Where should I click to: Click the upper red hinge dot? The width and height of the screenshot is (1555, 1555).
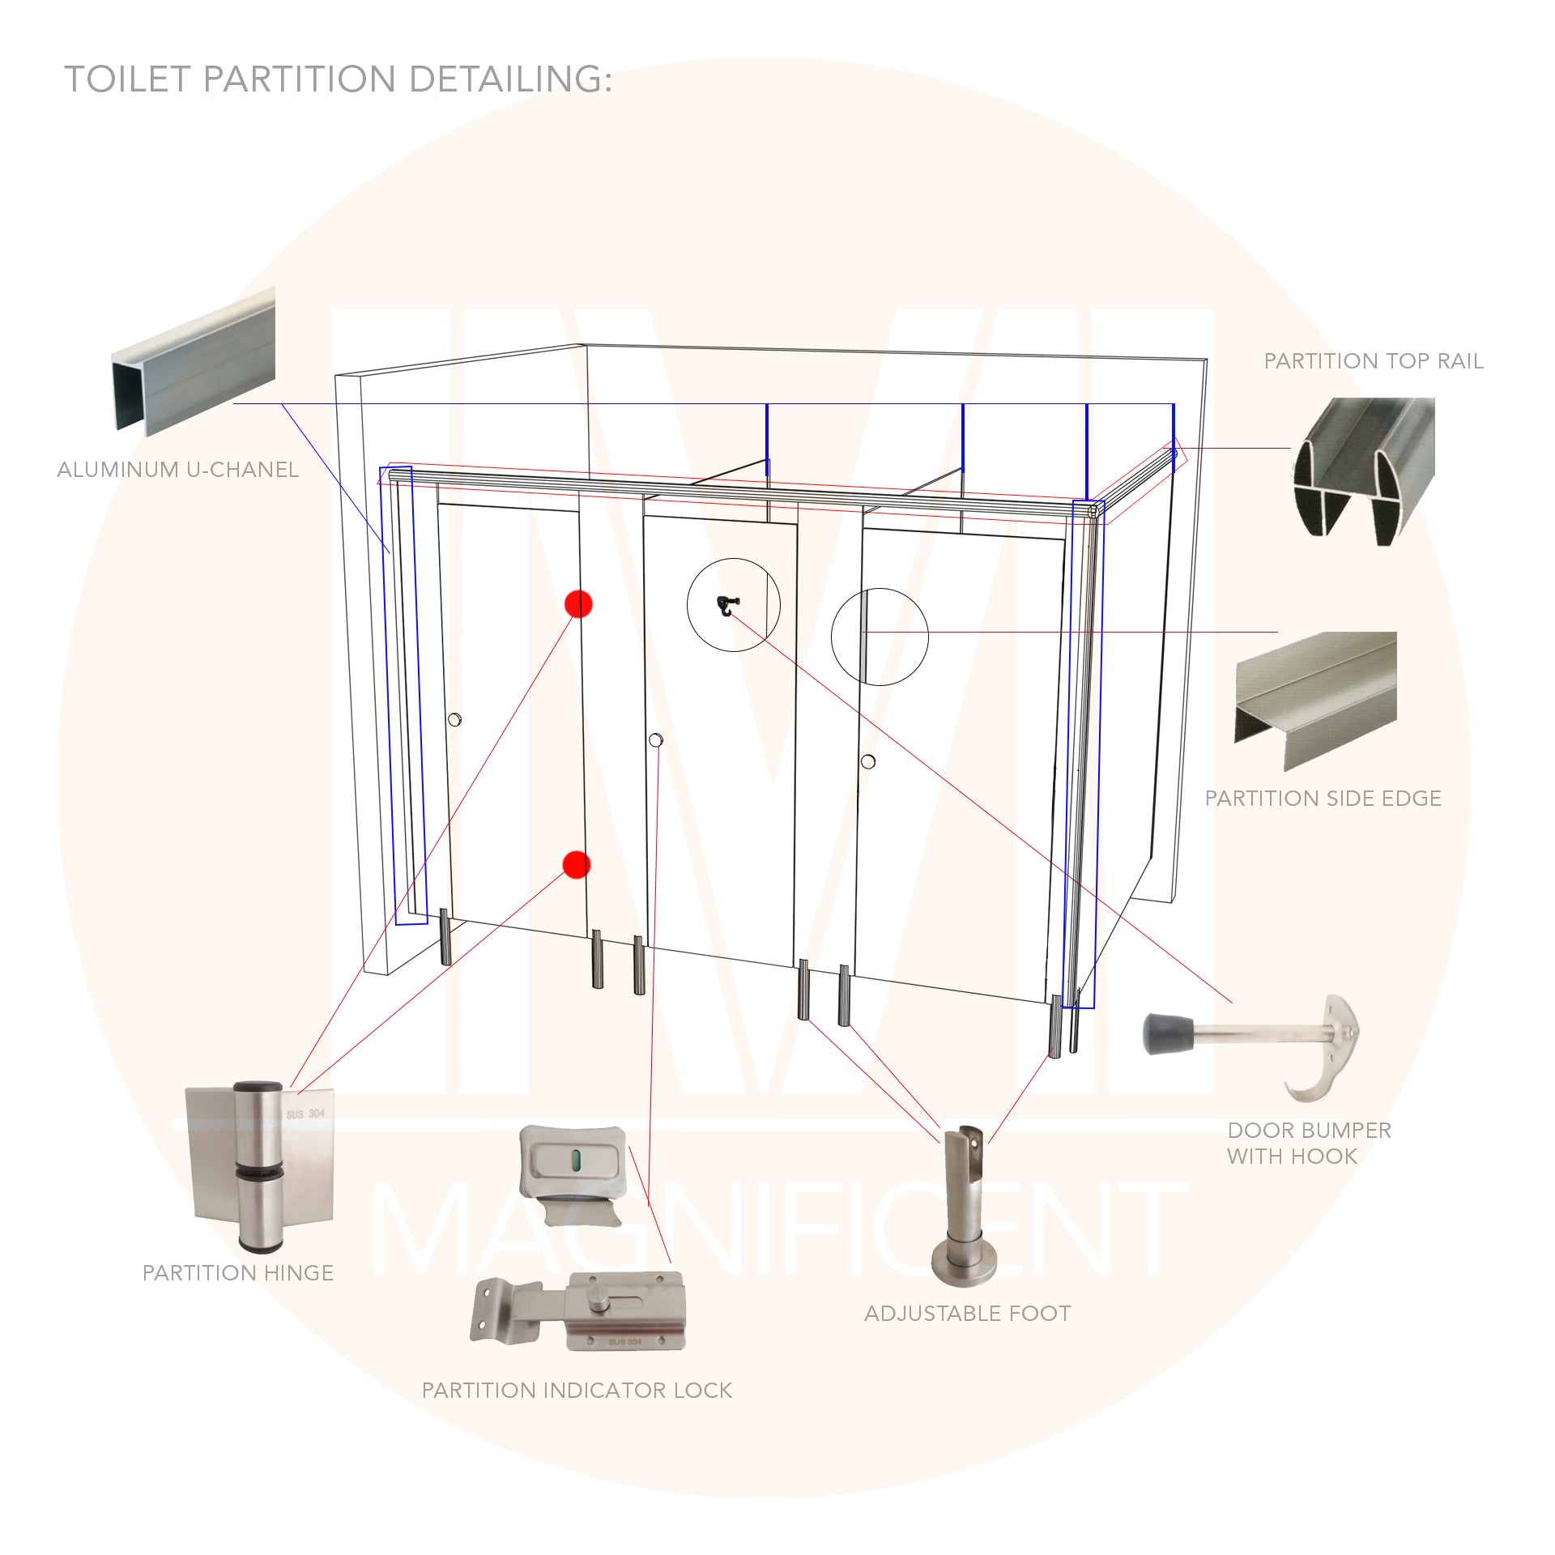click(579, 604)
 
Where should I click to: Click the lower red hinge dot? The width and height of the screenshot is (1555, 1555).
click(576, 865)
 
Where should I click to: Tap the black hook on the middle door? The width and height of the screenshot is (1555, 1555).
click(726, 604)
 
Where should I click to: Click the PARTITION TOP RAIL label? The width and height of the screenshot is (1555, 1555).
click(1374, 361)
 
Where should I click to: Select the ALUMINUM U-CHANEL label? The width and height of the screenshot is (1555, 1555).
click(178, 470)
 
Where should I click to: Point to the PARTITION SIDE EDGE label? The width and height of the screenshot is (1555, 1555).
click(1323, 799)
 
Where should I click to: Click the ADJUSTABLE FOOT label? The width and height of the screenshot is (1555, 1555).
click(968, 1314)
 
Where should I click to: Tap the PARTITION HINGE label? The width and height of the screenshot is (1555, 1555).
click(238, 1273)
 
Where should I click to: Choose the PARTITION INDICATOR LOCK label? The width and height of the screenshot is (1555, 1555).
click(577, 1391)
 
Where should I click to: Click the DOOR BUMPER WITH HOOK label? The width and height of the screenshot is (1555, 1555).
click(1309, 1143)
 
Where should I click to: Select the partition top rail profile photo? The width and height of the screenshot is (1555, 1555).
click(1364, 470)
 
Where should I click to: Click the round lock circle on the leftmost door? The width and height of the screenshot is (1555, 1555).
click(455, 718)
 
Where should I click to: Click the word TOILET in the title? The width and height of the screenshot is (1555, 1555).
click(127, 79)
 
